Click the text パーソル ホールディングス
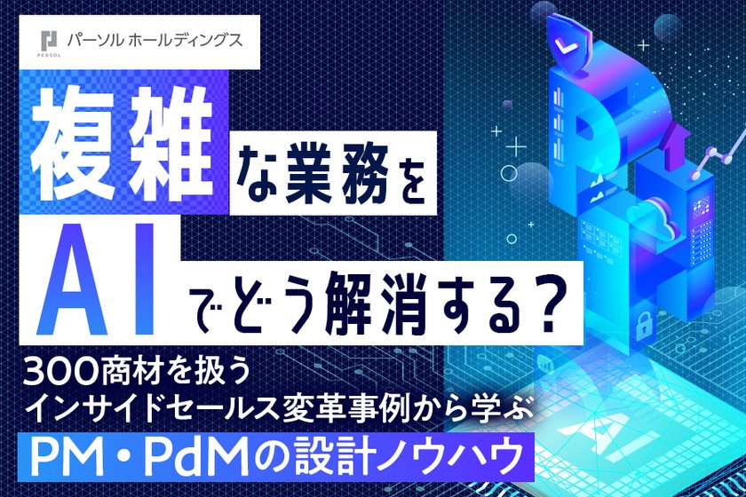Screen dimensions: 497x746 click(153, 40)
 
